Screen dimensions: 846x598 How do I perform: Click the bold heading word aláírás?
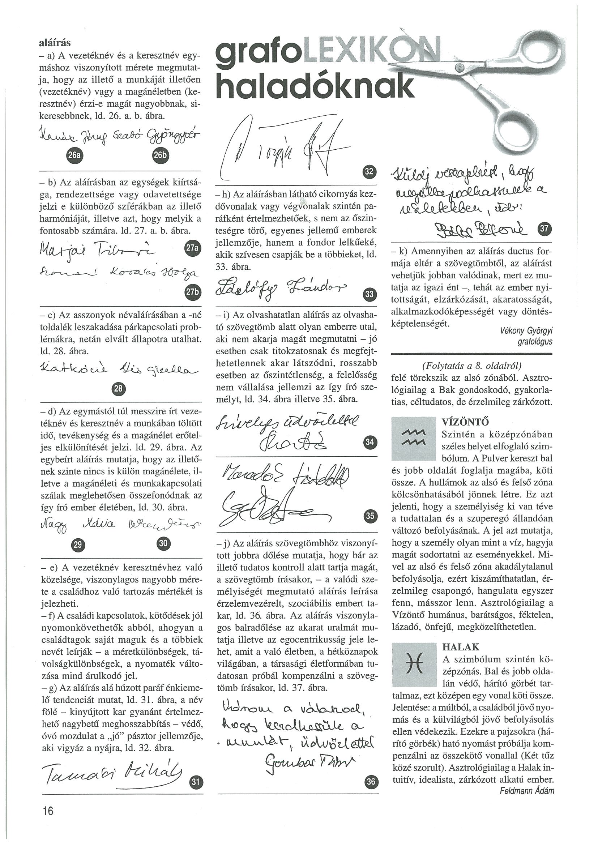55,43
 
